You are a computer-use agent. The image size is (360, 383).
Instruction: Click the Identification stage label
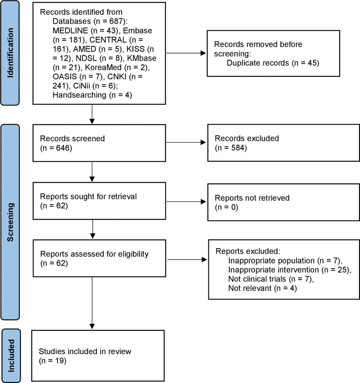[x=10, y=53]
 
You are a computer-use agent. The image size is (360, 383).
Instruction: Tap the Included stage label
[x=11, y=356]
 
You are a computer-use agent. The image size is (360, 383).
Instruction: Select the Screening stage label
[x=10, y=222]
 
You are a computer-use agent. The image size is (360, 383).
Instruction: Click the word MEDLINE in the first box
[x=70, y=31]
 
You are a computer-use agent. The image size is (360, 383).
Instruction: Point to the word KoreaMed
[x=103, y=67]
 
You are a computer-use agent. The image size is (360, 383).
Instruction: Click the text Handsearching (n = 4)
[x=92, y=95]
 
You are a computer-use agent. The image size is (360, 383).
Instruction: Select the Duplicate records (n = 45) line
[x=273, y=63]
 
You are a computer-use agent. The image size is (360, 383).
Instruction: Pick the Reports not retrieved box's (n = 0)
[x=226, y=207]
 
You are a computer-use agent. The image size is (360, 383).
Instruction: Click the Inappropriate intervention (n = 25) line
[x=290, y=270]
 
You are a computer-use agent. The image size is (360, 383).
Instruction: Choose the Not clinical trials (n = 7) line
[x=271, y=279]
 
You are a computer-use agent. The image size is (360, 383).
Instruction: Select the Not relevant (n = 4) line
[x=262, y=288]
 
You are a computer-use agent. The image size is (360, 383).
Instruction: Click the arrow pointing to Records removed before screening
[x=186, y=53]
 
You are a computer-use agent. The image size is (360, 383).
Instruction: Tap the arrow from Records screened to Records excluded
[x=186, y=143]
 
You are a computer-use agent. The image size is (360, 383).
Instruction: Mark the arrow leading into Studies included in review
[x=92, y=303]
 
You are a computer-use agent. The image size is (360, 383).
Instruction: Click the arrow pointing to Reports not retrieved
[x=186, y=201]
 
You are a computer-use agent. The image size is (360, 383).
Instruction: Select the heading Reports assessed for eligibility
[x=94, y=254]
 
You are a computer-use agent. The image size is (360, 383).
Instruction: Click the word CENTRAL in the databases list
[x=108, y=40]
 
